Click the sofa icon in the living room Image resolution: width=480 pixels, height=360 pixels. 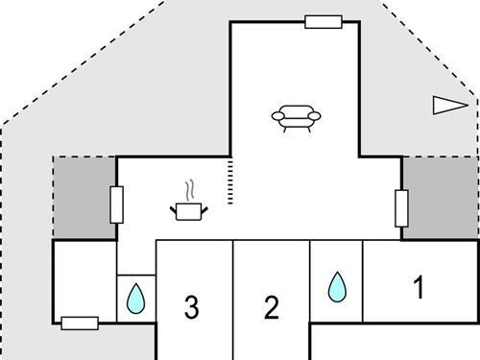(x=296, y=117)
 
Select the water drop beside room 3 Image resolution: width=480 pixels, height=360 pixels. (x=135, y=299)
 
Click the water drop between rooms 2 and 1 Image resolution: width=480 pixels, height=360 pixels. (x=336, y=286)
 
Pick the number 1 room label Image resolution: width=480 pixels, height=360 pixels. (x=418, y=287)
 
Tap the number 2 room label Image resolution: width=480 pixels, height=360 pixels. (x=272, y=307)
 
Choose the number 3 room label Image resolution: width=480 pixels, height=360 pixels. (x=191, y=307)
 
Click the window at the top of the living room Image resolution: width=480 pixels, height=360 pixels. (x=324, y=21)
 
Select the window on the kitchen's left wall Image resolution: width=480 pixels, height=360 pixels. (x=117, y=204)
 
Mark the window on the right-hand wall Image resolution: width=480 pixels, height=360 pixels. (x=401, y=207)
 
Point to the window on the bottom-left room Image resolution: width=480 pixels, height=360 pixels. (x=80, y=323)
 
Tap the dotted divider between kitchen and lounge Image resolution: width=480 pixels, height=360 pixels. (x=230, y=183)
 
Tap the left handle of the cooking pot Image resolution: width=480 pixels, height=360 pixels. (x=174, y=206)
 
